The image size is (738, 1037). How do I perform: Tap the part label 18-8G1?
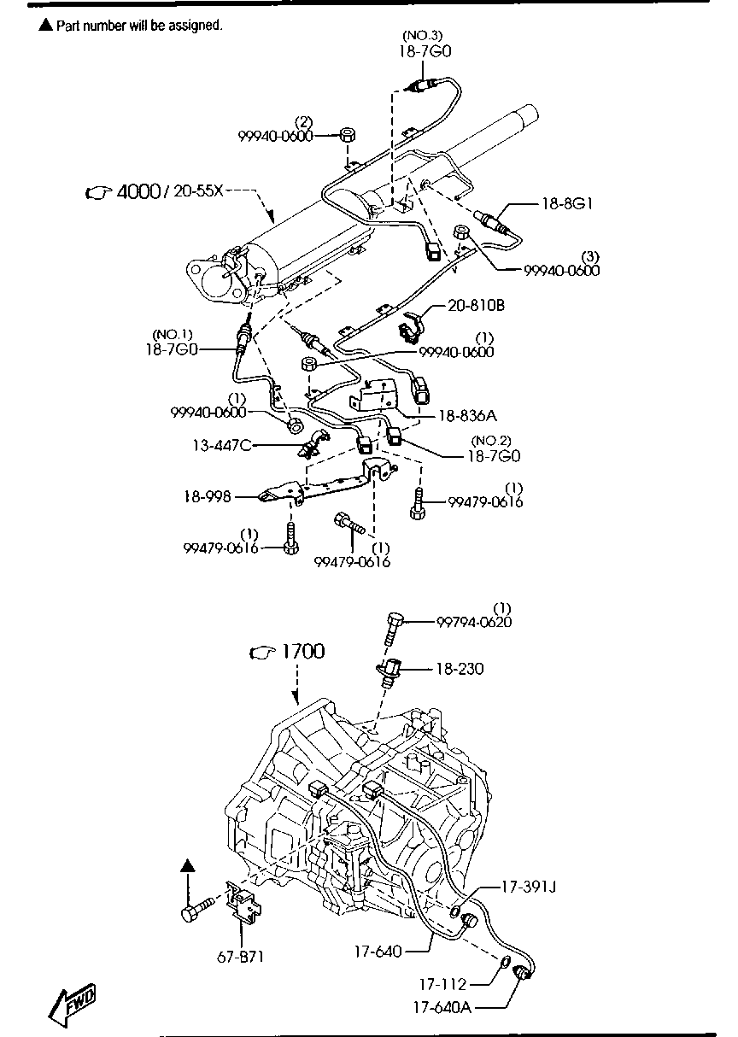(567, 203)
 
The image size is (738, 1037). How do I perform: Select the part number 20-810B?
(476, 306)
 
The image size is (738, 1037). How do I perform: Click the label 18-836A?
(467, 416)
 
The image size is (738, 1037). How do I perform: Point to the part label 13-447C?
(222, 445)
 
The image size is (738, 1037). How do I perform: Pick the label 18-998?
(207, 497)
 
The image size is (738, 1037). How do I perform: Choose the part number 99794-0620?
(474, 622)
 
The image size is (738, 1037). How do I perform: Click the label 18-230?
(460, 669)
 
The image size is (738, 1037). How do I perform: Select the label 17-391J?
(529, 887)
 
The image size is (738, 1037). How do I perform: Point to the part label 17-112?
(442, 984)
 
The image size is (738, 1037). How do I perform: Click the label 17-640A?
(442, 1007)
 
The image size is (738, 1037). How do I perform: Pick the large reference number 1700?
(303, 652)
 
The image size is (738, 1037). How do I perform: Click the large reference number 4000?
(138, 191)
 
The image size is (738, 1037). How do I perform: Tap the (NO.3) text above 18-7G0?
(422, 35)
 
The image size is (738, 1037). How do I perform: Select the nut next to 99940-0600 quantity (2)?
(348, 135)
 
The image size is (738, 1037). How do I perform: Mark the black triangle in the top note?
(45, 25)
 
